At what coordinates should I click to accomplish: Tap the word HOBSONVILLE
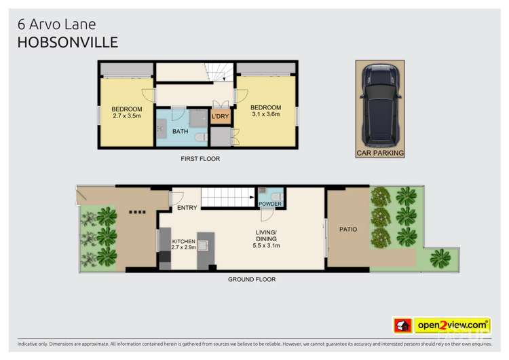coord(67,42)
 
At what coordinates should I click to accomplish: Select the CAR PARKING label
coord(380,153)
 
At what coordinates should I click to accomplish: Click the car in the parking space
coord(380,105)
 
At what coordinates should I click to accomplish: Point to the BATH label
coord(180,131)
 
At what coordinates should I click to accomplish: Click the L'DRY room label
coord(220,117)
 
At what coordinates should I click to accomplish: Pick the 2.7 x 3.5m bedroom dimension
coord(127,116)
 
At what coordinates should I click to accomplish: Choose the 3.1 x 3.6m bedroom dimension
coord(265,115)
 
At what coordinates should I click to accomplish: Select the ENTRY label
coord(187,208)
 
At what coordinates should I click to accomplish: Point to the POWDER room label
coord(269,204)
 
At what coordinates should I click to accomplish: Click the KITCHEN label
coord(183,242)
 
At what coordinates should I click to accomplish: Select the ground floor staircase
coord(227,198)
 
